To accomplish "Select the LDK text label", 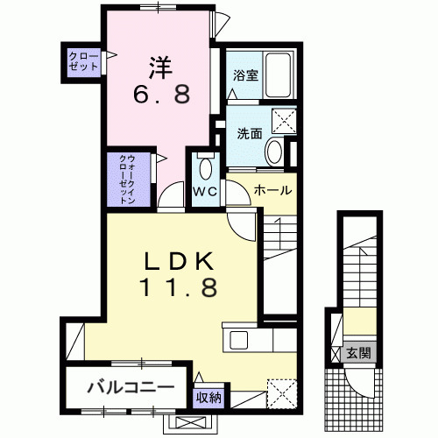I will click(x=180, y=261).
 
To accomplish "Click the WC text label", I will click(x=207, y=191).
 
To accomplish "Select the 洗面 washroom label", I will click(x=250, y=133).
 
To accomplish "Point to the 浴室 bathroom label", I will click(x=244, y=75).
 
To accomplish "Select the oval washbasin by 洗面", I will click(x=273, y=152).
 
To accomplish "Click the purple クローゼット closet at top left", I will click(x=84, y=62).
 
